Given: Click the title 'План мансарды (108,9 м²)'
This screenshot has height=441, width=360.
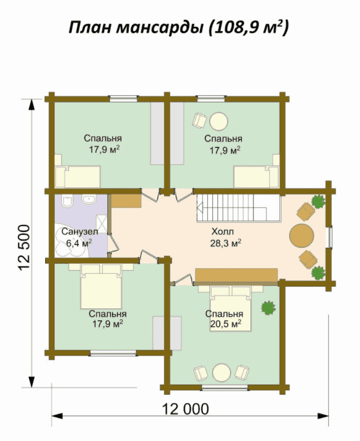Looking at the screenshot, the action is (x=179, y=28).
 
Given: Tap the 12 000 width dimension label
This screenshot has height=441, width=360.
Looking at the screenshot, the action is (x=186, y=409).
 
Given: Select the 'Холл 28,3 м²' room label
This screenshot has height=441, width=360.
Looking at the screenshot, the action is (x=225, y=237).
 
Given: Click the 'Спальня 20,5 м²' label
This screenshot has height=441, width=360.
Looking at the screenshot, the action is (x=224, y=319).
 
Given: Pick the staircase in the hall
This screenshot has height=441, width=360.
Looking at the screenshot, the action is (x=238, y=208).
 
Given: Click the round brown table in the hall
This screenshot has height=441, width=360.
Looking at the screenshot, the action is (x=302, y=235).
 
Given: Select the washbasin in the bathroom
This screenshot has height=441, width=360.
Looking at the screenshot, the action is (x=89, y=200).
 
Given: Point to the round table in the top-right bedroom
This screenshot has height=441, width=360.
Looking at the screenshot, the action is (x=219, y=121).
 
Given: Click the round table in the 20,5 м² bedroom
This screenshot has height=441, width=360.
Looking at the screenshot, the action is (x=222, y=373).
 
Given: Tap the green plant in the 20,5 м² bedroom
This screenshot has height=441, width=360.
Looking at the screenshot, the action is (x=268, y=308).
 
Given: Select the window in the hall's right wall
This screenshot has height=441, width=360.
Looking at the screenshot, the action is (x=329, y=237).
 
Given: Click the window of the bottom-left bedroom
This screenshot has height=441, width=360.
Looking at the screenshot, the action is (x=113, y=353).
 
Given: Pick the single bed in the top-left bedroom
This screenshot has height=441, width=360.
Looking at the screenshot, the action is (x=77, y=177).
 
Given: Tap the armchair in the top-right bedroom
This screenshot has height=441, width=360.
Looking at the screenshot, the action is (x=199, y=120).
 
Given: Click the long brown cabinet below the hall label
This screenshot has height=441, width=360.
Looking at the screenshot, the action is (x=237, y=275).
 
